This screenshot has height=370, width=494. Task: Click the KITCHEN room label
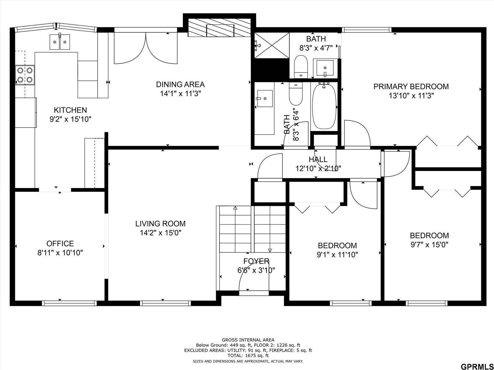click(x=70, y=110)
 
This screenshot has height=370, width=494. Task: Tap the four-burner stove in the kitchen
click(x=25, y=75)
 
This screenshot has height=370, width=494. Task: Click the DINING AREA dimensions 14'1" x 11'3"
click(x=180, y=94)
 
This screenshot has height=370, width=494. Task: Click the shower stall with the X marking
click(x=272, y=45)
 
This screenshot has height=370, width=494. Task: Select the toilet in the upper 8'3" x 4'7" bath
click(x=300, y=66)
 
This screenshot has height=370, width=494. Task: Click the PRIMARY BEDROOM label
click(x=411, y=86)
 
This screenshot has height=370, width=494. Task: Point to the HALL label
click(x=318, y=159)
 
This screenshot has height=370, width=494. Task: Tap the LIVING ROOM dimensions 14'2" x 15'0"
click(x=160, y=233)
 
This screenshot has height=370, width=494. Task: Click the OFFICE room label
click(x=60, y=244)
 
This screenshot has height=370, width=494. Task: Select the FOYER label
click(x=256, y=261)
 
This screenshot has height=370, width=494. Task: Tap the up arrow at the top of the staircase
click(x=235, y=208)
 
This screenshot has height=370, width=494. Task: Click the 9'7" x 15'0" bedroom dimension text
click(x=429, y=245)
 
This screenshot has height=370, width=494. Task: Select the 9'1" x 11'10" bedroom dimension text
click(x=337, y=255)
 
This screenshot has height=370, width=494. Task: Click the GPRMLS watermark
click(x=476, y=367)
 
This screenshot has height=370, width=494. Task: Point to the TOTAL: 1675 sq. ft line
click(x=248, y=356)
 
